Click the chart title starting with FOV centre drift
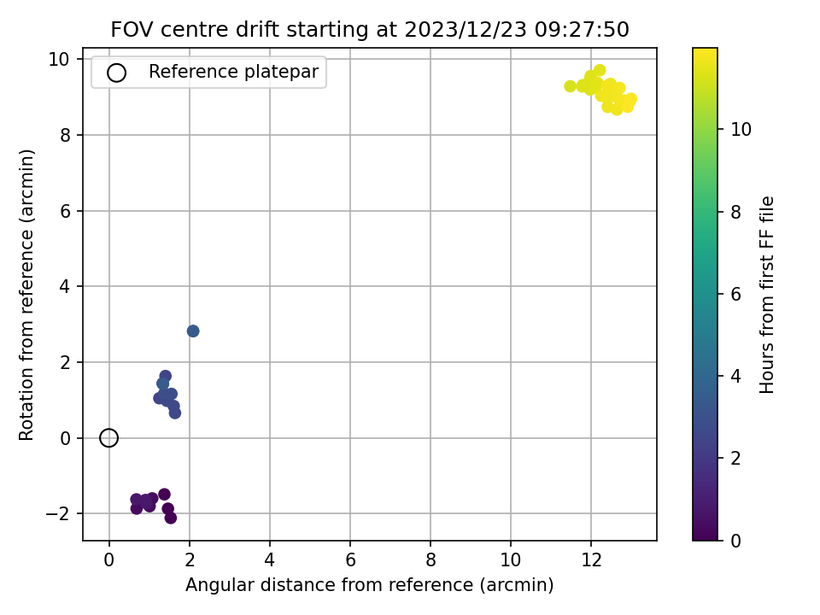coord(370,29)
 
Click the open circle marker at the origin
coord(108,430)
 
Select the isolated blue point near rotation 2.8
coord(193,331)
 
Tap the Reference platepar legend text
coord(233,72)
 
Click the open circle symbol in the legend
coord(116,66)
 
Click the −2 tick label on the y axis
coord(57,514)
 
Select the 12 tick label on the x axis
coord(591,560)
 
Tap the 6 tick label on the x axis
coord(350,560)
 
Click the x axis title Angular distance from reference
coord(369,584)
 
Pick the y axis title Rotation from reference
coord(26,295)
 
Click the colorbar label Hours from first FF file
coord(766,295)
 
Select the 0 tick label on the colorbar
coord(735,541)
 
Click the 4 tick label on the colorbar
coord(735,376)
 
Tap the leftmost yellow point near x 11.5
coord(570,86)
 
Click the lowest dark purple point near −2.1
coord(171,518)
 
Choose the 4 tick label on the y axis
coord(65,287)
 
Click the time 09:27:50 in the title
coord(582,29)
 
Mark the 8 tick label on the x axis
coord(430,560)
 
